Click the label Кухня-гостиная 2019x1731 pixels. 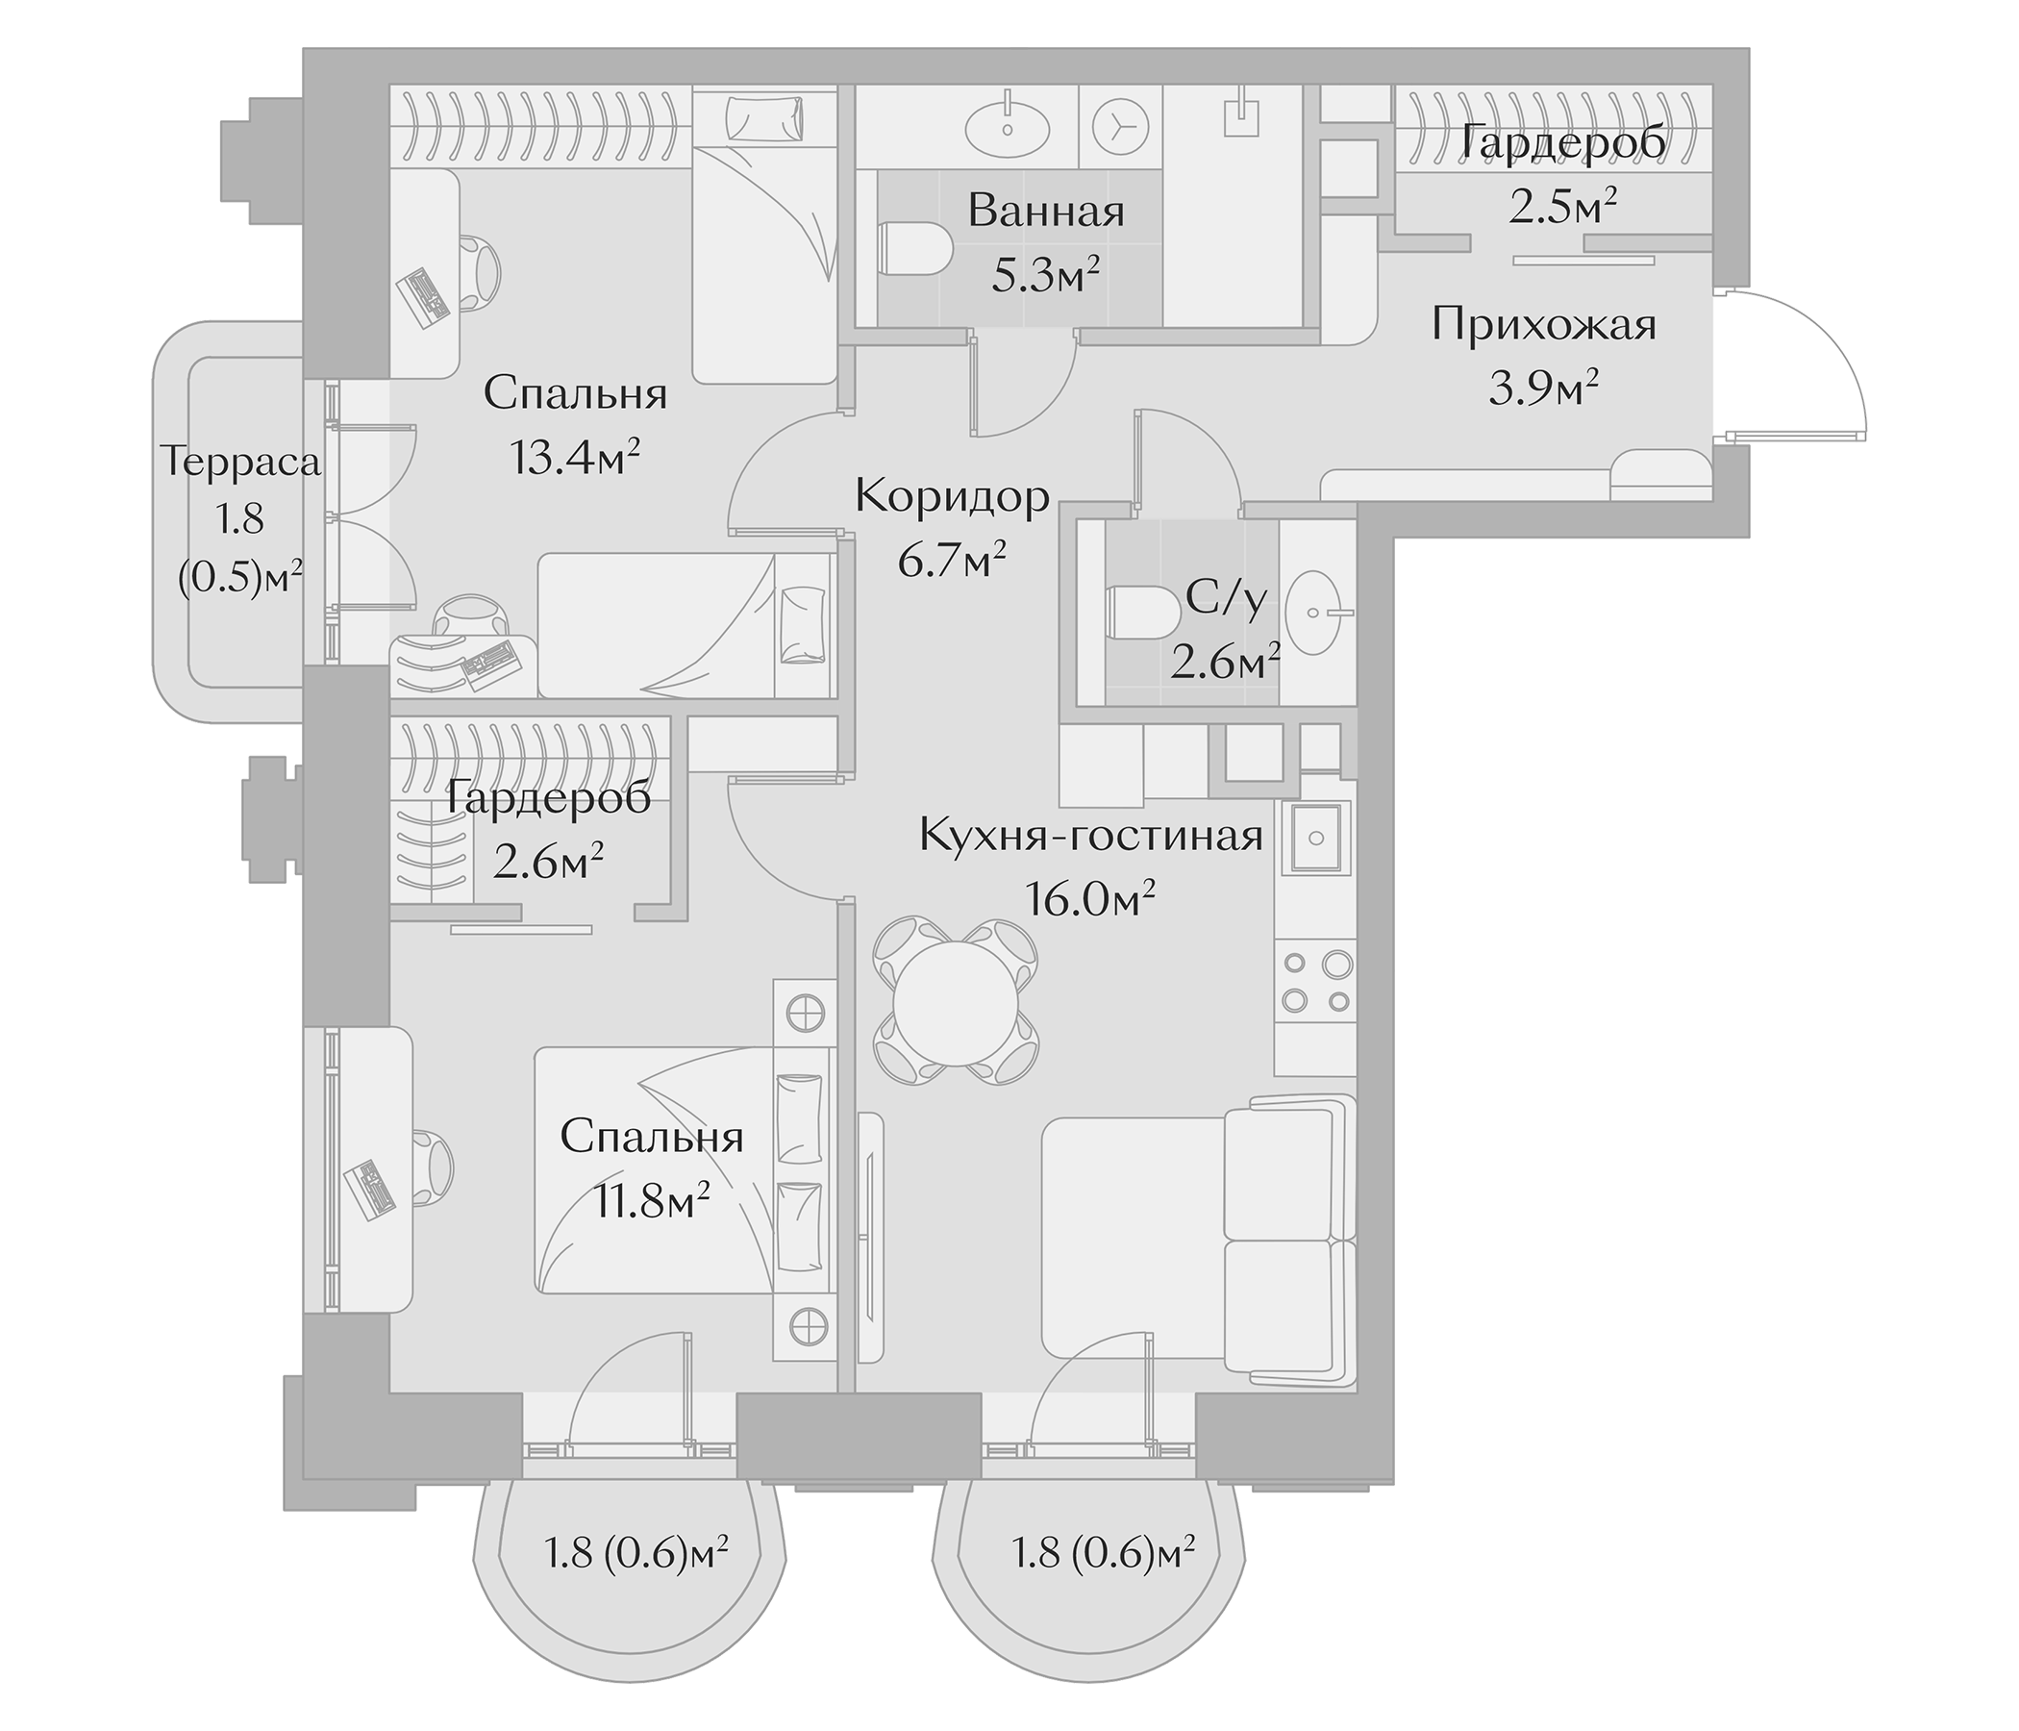tap(1090, 836)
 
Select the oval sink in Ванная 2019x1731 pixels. tap(1008, 128)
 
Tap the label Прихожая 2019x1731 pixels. tap(1543, 325)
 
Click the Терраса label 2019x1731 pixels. tap(239, 461)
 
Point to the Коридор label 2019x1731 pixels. tap(952, 497)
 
